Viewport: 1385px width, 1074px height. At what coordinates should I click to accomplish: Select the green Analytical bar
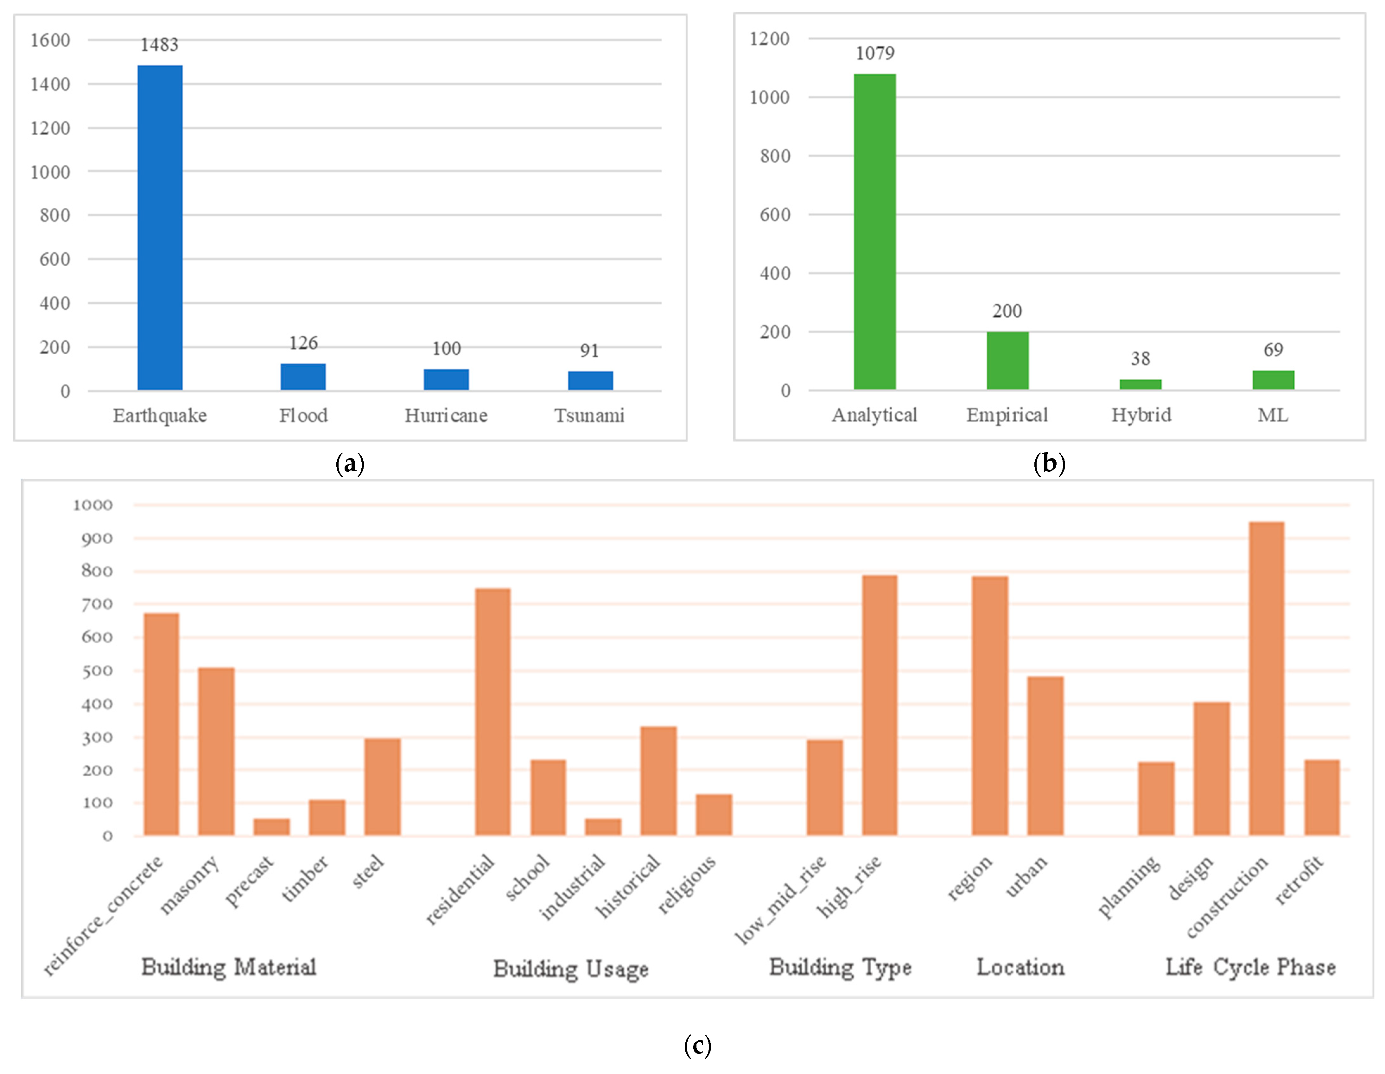point(874,231)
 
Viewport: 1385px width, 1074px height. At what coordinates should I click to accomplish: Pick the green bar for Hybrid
point(1140,384)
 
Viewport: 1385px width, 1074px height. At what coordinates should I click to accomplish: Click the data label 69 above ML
point(1273,350)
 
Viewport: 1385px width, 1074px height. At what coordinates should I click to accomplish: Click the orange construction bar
point(1267,679)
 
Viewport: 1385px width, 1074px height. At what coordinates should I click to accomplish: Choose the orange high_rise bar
point(880,705)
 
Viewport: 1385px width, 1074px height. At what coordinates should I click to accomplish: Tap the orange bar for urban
point(1045,756)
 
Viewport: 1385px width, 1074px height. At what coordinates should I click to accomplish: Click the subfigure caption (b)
point(1049,464)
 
